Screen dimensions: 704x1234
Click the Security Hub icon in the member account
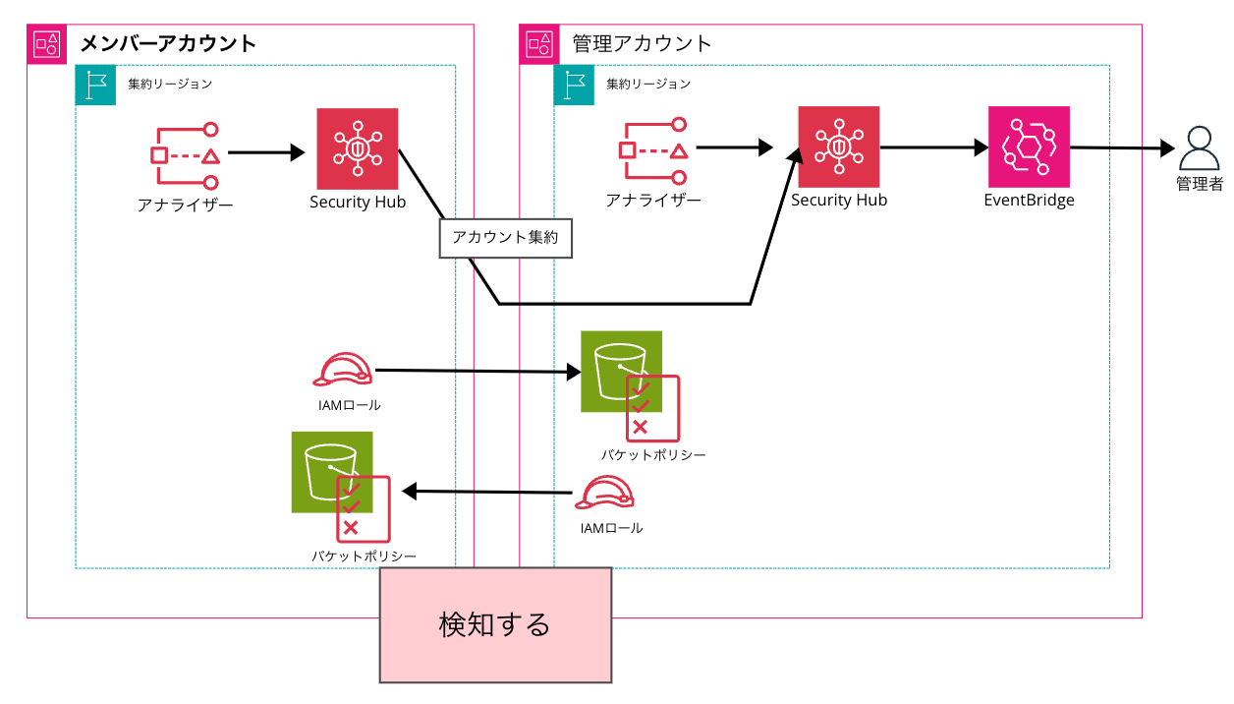[x=358, y=148]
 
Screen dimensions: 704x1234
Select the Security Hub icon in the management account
[x=838, y=147]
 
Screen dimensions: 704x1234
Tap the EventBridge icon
[x=1029, y=147]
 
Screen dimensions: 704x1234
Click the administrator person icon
[x=1199, y=149]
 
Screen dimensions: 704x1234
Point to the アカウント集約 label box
[x=505, y=238]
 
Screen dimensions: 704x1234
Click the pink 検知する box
[x=495, y=624]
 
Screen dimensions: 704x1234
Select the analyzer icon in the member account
[x=185, y=154]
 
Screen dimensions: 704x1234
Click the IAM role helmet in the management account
[x=604, y=494]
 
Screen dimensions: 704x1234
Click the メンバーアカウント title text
[x=167, y=43]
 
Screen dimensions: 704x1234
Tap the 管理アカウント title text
[x=642, y=43]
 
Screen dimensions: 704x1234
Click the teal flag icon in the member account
[x=95, y=85]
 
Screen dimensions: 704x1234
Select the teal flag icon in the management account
[x=574, y=85]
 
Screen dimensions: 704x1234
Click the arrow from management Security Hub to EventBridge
[x=933, y=147]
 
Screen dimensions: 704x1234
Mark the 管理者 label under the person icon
[x=1199, y=184]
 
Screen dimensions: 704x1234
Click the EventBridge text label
[x=1029, y=201]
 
